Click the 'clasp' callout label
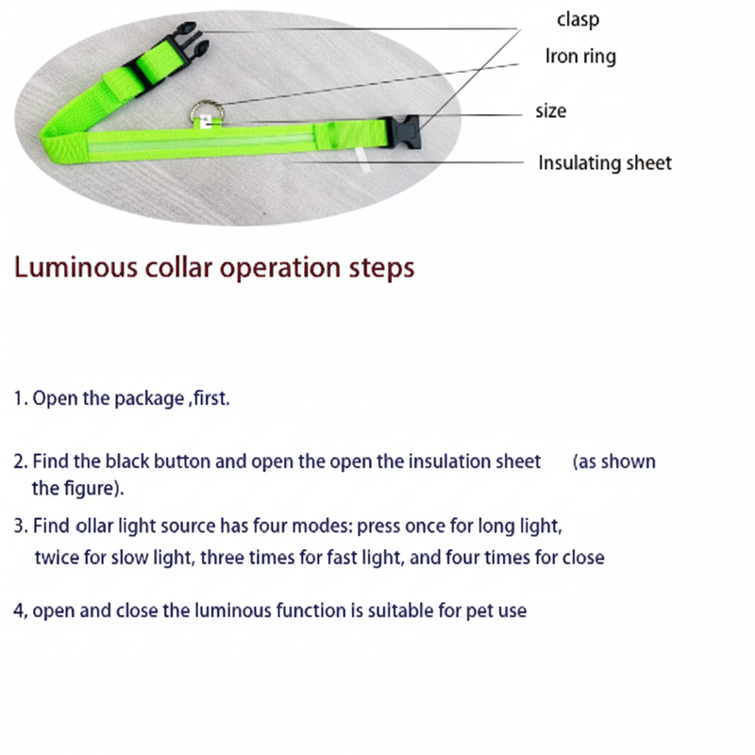pyautogui.click(x=578, y=19)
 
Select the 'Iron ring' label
pyautogui.click(x=580, y=57)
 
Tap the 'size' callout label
pyautogui.click(x=550, y=110)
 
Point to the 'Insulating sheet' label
pyautogui.click(x=605, y=162)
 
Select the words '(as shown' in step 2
pyautogui.click(x=614, y=462)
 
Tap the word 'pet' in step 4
pyautogui.click(x=481, y=611)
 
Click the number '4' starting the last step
pyautogui.click(x=18, y=611)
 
